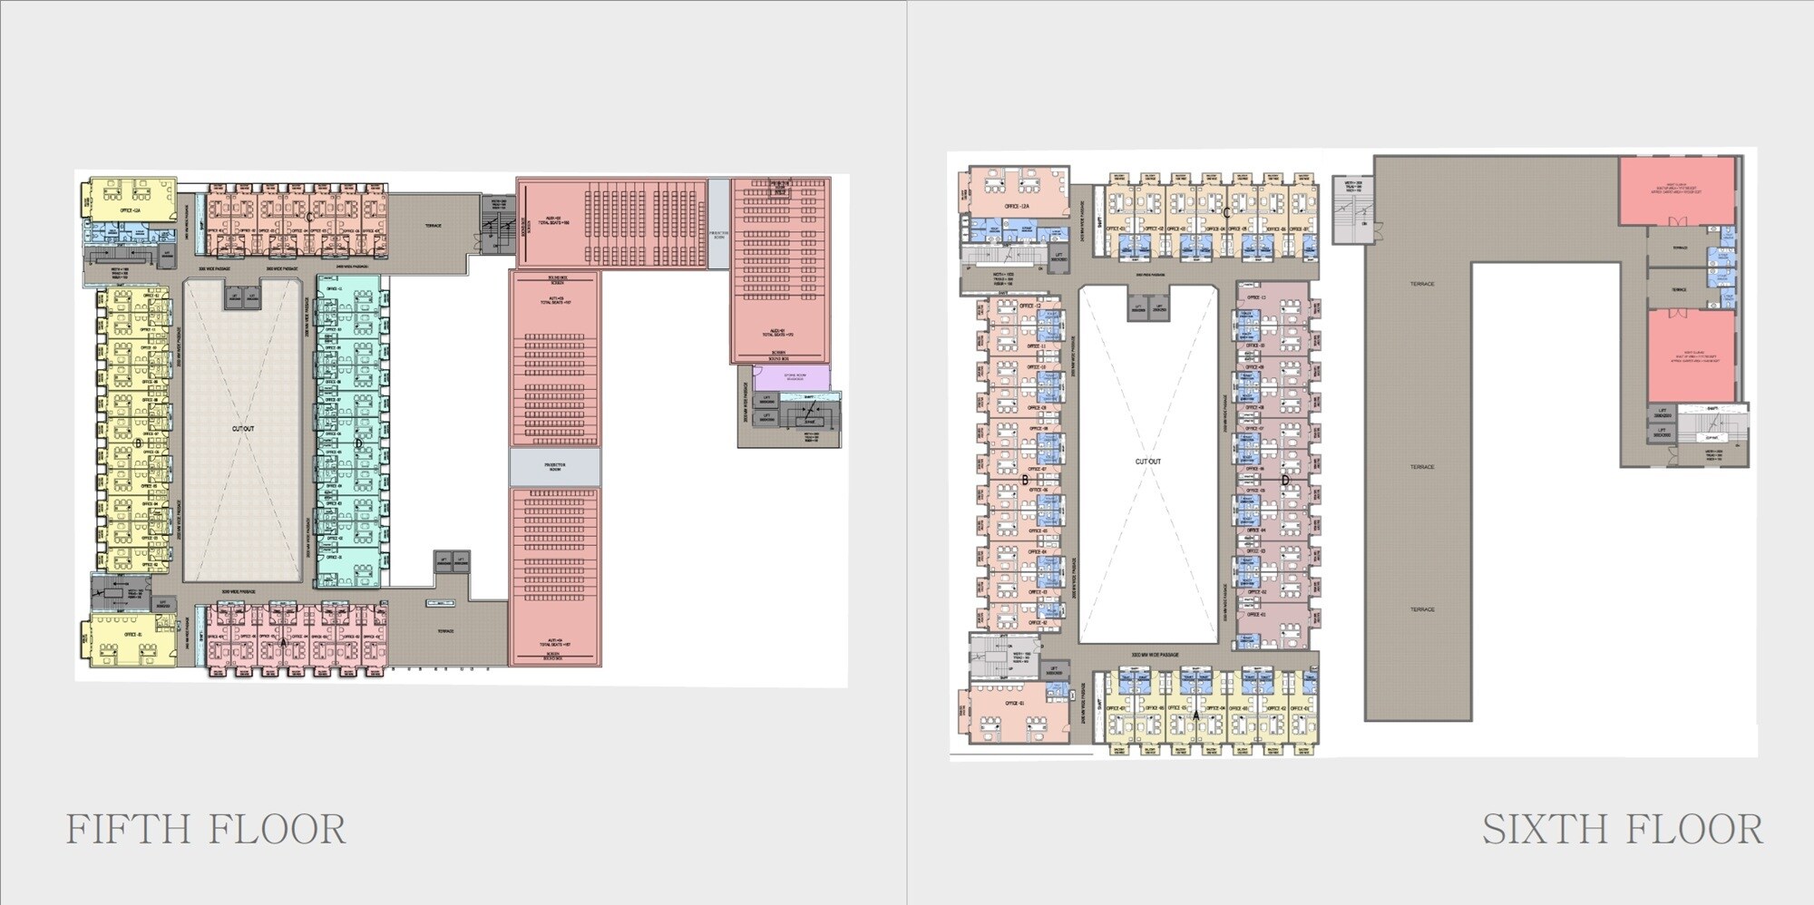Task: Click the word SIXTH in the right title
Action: click(1534, 830)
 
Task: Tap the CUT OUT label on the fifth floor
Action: click(243, 429)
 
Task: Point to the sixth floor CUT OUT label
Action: click(1147, 462)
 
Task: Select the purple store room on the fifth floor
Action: click(791, 376)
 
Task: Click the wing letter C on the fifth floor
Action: click(309, 217)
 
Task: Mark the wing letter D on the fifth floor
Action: click(358, 443)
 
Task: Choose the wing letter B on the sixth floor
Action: click(1025, 481)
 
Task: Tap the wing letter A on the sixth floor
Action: click(1196, 715)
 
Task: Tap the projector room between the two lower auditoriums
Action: click(554, 467)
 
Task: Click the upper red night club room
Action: click(1676, 190)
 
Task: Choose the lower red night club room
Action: click(1690, 355)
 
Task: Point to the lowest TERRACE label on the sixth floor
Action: click(1421, 609)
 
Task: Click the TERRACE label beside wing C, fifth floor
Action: click(434, 226)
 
